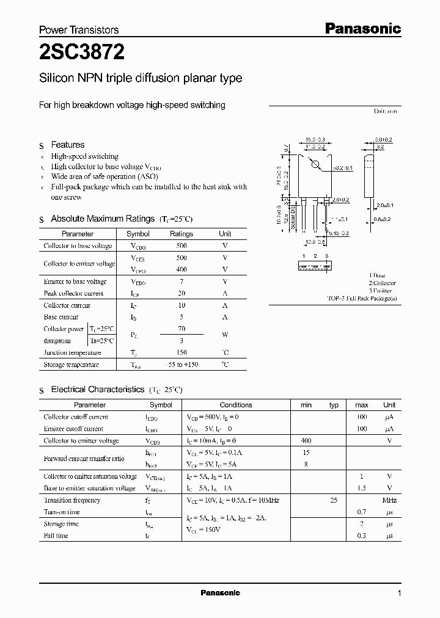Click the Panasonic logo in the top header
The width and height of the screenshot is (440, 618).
pos(362,28)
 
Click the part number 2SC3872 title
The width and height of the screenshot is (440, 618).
pos(82,53)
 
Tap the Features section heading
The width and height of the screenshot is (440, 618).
pos(68,145)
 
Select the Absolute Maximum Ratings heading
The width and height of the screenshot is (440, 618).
pos(103,219)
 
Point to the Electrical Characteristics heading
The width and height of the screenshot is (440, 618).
pos(98,389)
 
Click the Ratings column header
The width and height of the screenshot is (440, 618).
pos(181,234)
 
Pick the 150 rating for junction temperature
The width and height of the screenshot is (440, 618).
pos(181,352)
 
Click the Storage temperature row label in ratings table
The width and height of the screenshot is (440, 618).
pos(71,365)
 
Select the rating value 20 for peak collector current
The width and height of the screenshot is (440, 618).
pos(181,293)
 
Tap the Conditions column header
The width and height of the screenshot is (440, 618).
pos(236,405)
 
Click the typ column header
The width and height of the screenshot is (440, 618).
pos(334,405)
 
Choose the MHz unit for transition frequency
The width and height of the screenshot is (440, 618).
pos(389,500)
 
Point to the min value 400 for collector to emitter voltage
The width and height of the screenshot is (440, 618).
pos(306,440)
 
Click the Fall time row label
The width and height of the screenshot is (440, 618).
pos(56,536)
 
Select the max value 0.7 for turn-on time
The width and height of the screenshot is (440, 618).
pos(362,512)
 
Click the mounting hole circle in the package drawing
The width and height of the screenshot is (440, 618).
pos(315,164)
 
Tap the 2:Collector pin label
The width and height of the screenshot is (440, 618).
pos(382,283)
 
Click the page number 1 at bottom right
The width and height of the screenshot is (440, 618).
pos(399,594)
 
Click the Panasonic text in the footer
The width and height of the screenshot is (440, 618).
pos(221,593)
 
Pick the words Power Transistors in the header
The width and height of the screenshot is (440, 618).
pos(79,30)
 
